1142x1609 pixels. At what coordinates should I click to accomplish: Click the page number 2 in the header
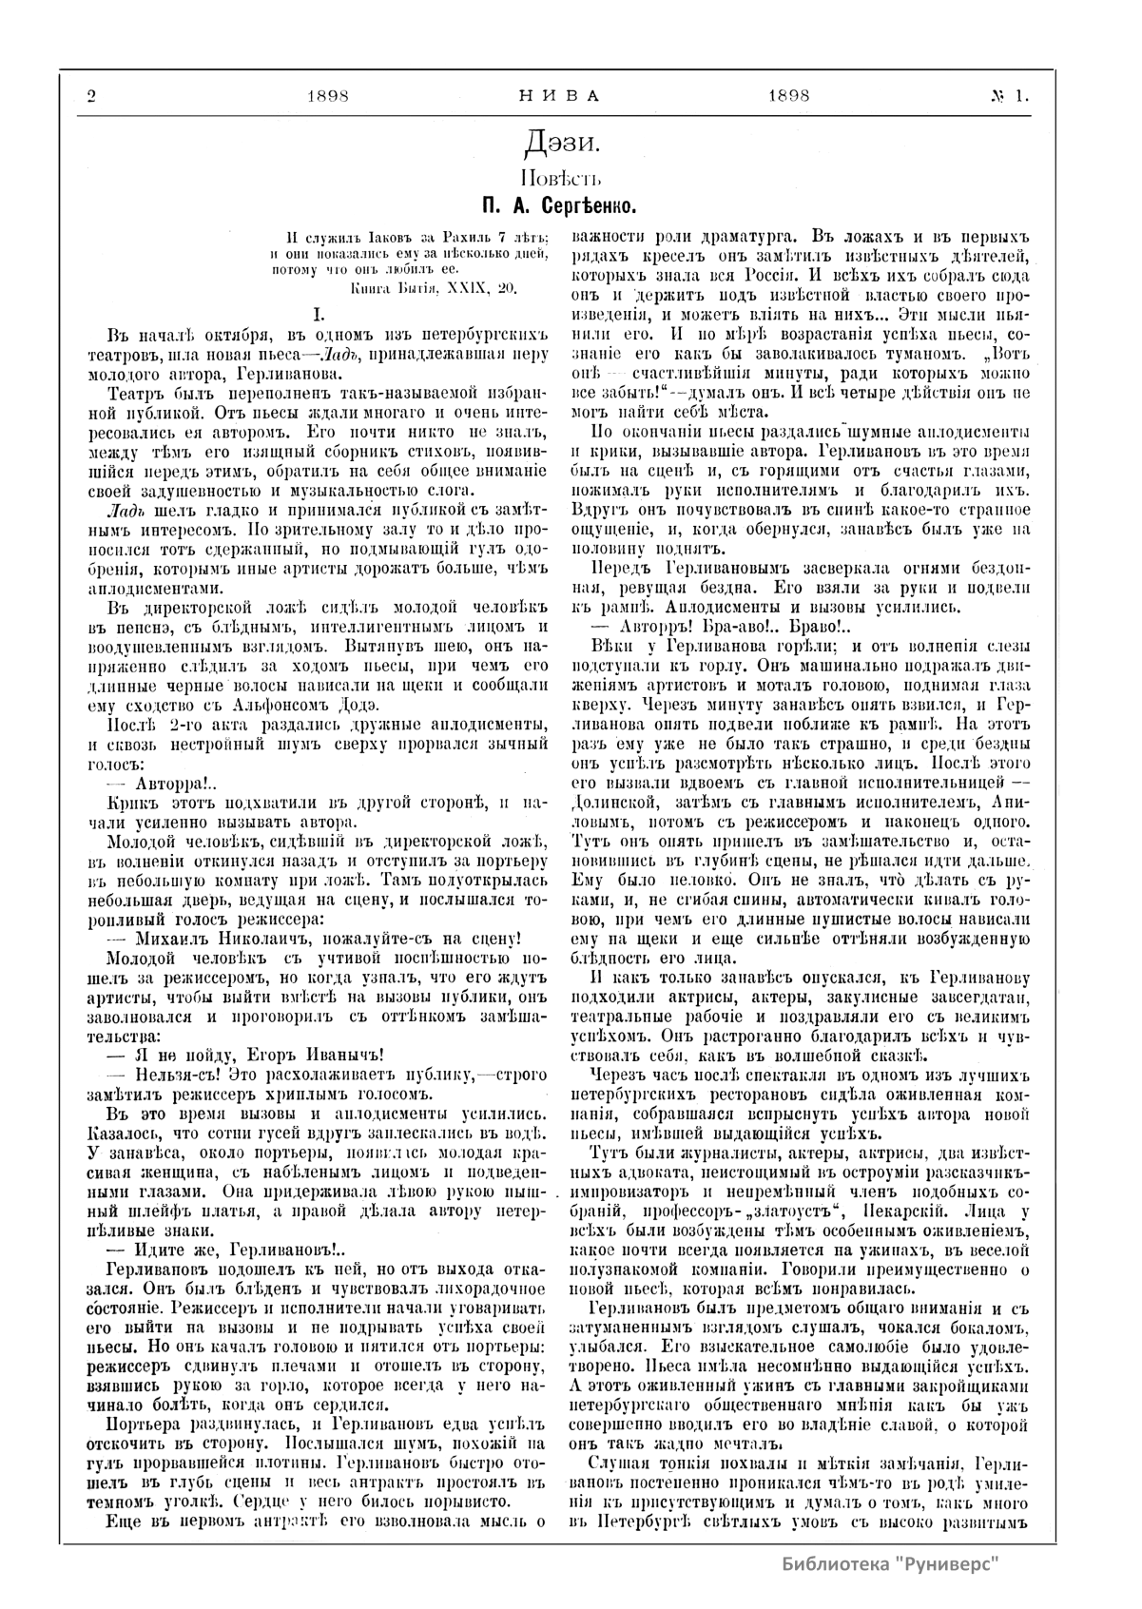coord(91,95)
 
